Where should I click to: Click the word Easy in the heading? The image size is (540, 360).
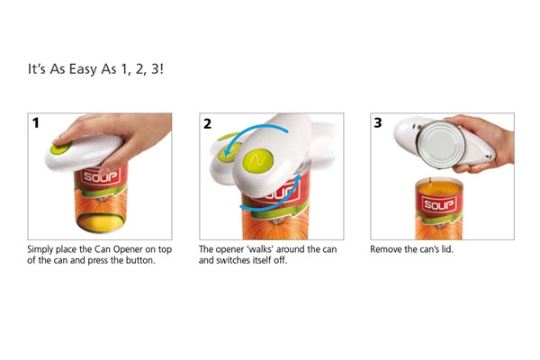tap(83, 69)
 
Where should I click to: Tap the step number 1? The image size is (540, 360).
tap(35, 123)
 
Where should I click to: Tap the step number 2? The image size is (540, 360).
tap(207, 124)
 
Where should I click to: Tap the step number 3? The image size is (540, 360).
tap(378, 123)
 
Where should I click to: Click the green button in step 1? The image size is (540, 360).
tap(61, 148)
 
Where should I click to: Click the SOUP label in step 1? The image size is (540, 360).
tap(101, 176)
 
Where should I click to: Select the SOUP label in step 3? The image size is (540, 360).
tap(439, 204)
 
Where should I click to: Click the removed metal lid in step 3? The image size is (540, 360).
tap(441, 144)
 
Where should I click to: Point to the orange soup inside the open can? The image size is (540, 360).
tap(439, 188)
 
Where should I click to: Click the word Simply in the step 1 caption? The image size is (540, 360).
tap(40, 250)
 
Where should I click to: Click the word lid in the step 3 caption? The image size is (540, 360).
tap(447, 249)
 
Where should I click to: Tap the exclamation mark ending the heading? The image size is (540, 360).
tap(162, 69)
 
